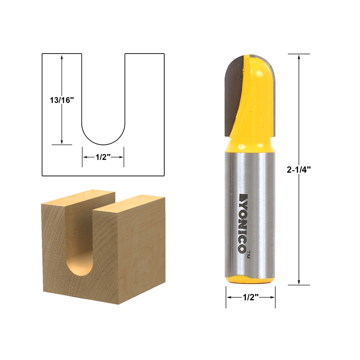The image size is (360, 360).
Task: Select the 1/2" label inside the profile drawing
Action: coord(103,157)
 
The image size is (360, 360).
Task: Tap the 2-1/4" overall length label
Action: coord(299,169)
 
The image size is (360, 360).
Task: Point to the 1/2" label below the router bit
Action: coord(250,298)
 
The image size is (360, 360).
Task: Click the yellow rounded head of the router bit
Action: coord(256,90)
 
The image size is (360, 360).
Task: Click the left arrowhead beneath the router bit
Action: coord(228,298)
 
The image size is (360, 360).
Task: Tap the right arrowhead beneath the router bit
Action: coord(273,298)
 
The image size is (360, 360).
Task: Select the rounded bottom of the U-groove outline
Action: coord(103,140)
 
